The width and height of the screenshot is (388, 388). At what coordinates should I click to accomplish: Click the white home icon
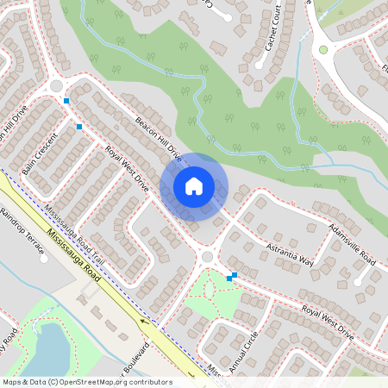pos(194,185)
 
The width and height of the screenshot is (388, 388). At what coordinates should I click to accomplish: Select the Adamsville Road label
pos(351,245)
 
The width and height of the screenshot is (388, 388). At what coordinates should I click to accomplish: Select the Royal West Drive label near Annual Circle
pos(327,319)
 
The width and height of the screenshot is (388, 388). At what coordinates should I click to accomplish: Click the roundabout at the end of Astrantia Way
pos(207,257)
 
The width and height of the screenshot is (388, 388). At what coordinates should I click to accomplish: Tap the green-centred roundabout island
pos(324,50)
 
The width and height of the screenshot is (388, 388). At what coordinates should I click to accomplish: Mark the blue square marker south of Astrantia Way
pos(231,277)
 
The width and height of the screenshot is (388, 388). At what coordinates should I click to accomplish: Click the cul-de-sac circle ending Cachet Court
pos(258,64)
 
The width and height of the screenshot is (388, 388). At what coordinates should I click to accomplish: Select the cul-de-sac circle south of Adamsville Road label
pos(358,281)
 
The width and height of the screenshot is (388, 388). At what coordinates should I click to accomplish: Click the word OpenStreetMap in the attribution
pos(110,382)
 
